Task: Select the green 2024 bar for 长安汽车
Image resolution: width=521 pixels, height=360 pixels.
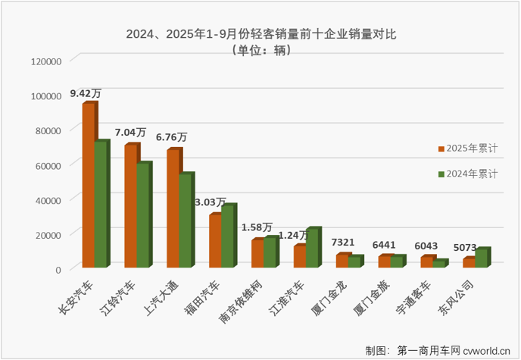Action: click(x=101, y=204)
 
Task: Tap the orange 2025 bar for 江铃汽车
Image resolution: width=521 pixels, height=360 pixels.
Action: click(x=131, y=205)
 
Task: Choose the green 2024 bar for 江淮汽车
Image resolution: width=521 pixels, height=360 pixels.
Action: click(x=313, y=247)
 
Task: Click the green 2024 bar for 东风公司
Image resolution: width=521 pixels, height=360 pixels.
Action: click(x=482, y=257)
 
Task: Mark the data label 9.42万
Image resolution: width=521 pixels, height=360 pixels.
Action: click(x=86, y=93)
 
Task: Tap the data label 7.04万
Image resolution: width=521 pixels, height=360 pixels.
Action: click(x=130, y=133)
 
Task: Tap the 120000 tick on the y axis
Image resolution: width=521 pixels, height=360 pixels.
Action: click(x=45, y=61)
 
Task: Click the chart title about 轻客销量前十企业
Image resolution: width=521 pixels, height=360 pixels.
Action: click(x=260, y=35)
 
